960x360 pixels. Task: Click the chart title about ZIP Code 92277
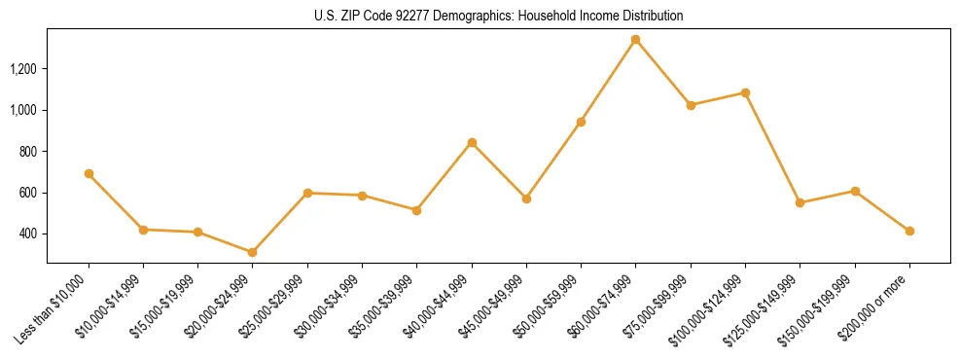pos(498,16)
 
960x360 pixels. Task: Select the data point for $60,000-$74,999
pos(635,40)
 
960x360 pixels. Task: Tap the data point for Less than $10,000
pos(89,173)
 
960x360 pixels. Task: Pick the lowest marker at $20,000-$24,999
pos(252,252)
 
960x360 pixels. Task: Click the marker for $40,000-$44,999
pos(472,142)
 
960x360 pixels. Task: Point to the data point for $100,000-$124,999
pos(745,92)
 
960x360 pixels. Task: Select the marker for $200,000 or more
pos(909,231)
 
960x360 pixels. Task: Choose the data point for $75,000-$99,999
pos(691,105)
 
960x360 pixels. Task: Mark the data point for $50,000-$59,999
pos(581,122)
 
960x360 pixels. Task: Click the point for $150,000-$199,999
pos(855,191)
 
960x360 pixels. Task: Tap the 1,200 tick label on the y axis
pos(23,69)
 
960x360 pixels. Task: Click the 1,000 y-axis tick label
pos(23,110)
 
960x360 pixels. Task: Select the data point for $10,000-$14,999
pos(143,230)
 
